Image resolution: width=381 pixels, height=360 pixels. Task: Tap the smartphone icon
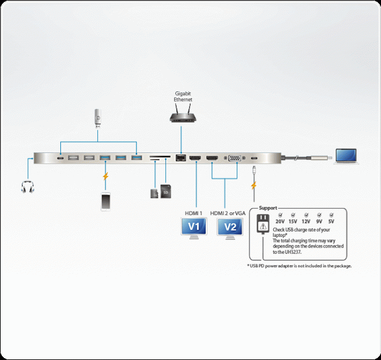coord(106,201)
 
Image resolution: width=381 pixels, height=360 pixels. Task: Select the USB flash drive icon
coord(98,119)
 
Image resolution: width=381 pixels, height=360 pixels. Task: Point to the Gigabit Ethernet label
coord(183,97)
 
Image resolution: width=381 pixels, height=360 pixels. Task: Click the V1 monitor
coord(194,227)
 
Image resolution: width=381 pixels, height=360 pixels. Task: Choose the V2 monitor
coord(229,227)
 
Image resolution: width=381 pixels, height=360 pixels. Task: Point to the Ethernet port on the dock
coord(181,158)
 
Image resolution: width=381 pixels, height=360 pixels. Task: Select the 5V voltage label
coord(332,222)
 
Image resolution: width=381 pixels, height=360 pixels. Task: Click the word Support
coord(268,208)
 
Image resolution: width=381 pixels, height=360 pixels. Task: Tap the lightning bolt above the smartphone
coord(106,176)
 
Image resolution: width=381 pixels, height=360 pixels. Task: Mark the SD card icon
coord(166,192)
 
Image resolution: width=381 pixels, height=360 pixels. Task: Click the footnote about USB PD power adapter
coord(300,266)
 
